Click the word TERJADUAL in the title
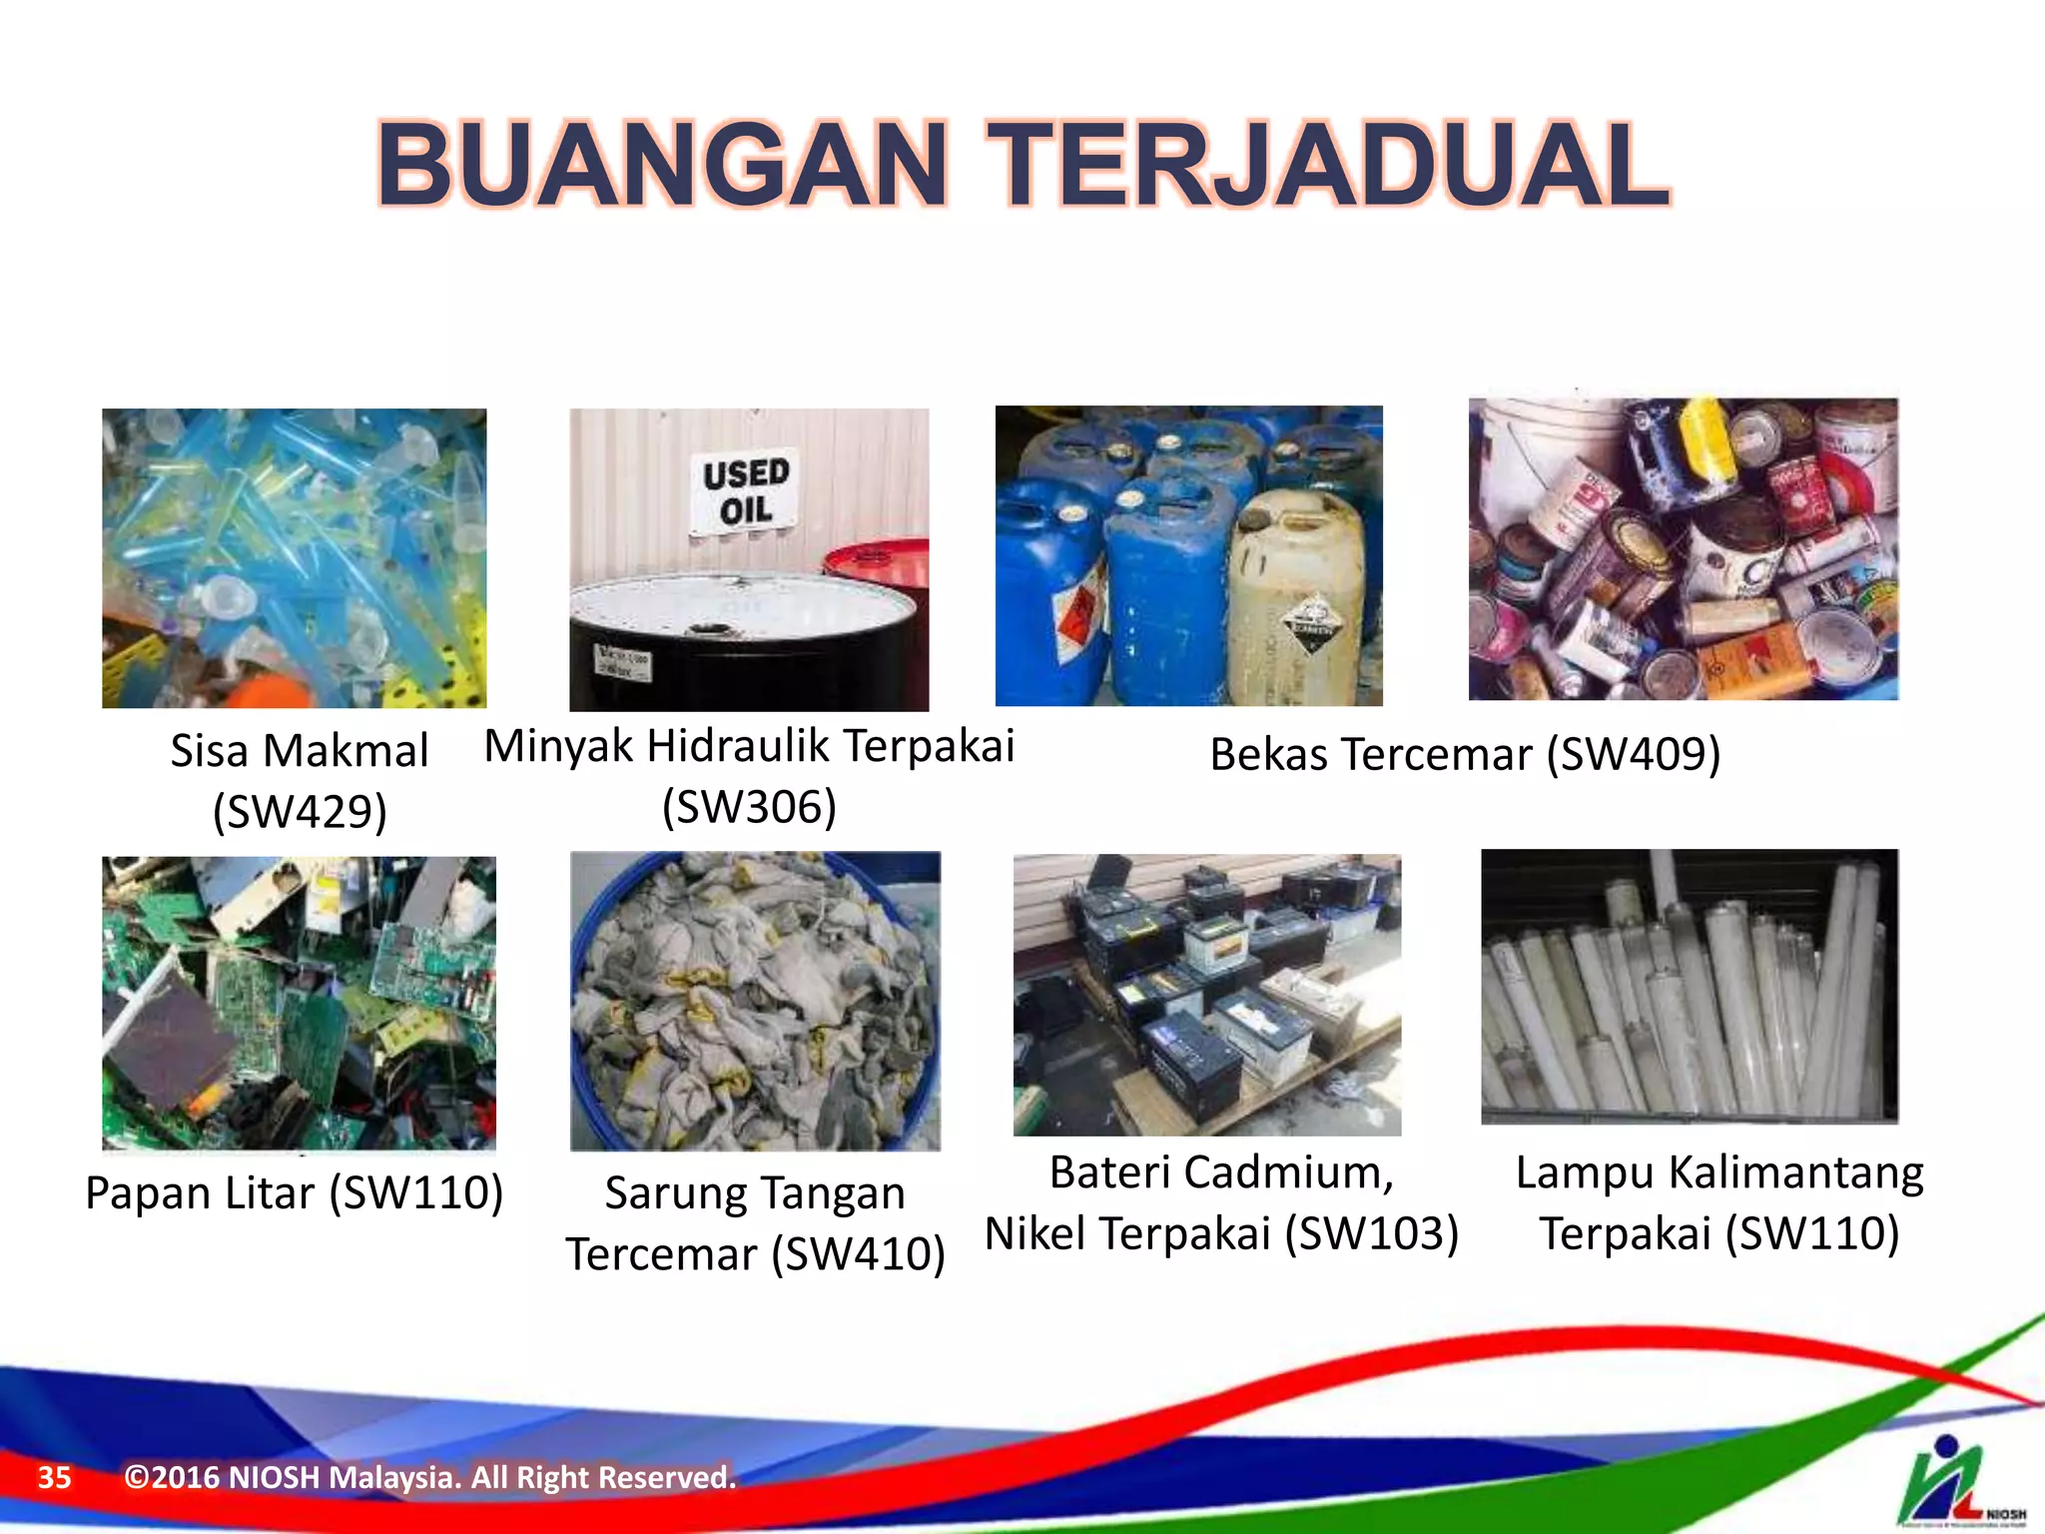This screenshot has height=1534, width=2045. coord(1328,166)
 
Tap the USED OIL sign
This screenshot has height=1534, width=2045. coord(745,491)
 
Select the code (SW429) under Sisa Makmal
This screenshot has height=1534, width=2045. coord(300,811)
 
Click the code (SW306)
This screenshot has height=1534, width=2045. coord(749,807)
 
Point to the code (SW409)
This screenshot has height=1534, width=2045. coord(1634,754)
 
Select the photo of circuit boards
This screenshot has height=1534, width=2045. coord(299,1003)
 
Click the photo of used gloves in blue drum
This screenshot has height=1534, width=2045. coord(755,1001)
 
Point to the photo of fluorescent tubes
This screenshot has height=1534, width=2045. coord(1690,987)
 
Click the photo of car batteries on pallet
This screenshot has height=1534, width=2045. coord(1206,995)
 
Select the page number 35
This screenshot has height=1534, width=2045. coord(55,1477)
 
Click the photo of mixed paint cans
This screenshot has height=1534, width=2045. coord(1683,549)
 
